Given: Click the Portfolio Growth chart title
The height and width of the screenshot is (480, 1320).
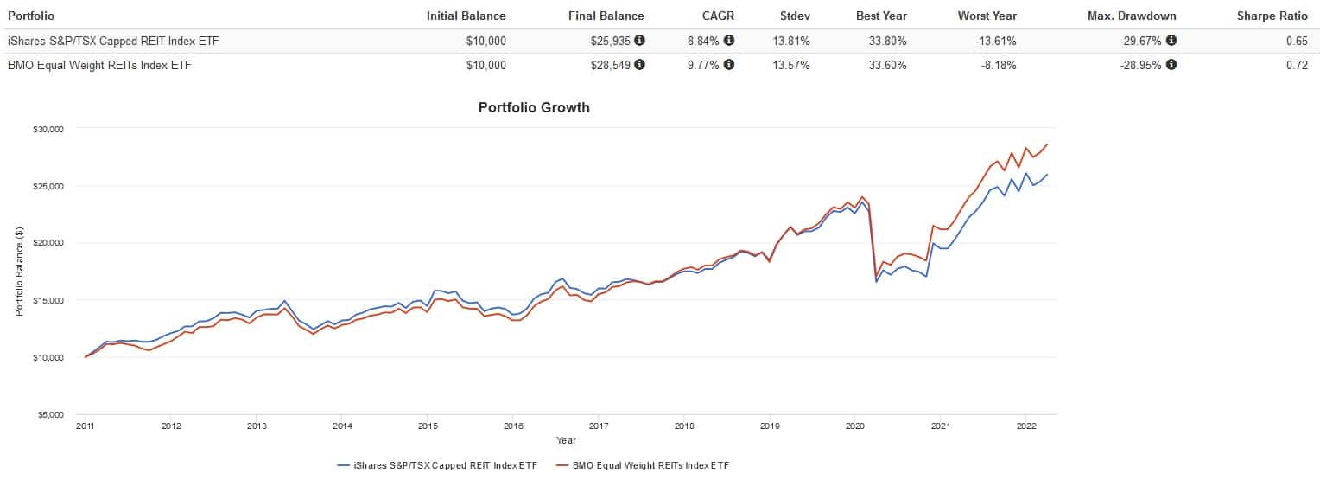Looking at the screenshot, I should click(x=534, y=108).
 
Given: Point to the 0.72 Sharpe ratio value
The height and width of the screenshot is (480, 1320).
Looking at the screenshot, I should click(x=1296, y=65).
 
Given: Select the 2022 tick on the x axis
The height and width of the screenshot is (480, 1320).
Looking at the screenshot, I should click(x=1025, y=426).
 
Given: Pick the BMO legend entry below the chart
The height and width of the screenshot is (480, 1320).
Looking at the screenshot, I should click(x=644, y=465).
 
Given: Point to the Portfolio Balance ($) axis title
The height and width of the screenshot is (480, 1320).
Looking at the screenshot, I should click(x=19, y=271).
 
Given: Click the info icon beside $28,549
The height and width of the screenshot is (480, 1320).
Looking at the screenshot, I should click(x=639, y=65).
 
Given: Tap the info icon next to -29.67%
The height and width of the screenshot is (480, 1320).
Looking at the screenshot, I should click(x=1171, y=41).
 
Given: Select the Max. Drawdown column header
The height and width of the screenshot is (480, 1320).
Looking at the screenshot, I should click(x=1137, y=16).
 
